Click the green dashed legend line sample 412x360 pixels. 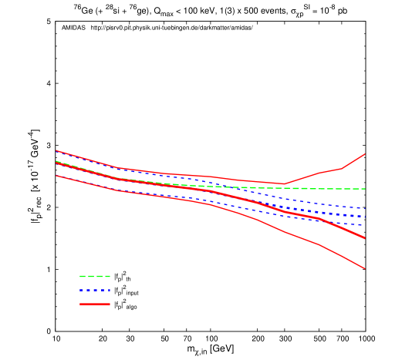[95, 276]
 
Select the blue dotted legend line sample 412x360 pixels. [95, 290]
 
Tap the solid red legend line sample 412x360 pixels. [95, 304]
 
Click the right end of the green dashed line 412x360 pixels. [364, 189]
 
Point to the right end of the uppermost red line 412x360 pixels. [364, 154]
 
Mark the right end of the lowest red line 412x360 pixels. [364, 268]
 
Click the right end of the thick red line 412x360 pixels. [364, 238]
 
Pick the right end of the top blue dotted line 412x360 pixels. [364, 208]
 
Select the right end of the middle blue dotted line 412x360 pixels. [364, 217]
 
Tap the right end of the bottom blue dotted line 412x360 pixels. [364, 226]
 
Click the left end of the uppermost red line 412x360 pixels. [56, 150]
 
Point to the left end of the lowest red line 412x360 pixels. [56, 176]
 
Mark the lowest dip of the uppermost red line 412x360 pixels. [285, 183]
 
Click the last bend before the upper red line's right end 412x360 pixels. [341, 168]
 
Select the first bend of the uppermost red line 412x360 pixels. [117, 167]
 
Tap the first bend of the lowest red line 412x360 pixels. [117, 190]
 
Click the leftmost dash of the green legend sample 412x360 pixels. [83, 276]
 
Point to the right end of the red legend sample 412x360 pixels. [110, 304]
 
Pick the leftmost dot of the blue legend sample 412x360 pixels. [81, 290]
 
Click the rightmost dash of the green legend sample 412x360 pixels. [107, 276]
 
